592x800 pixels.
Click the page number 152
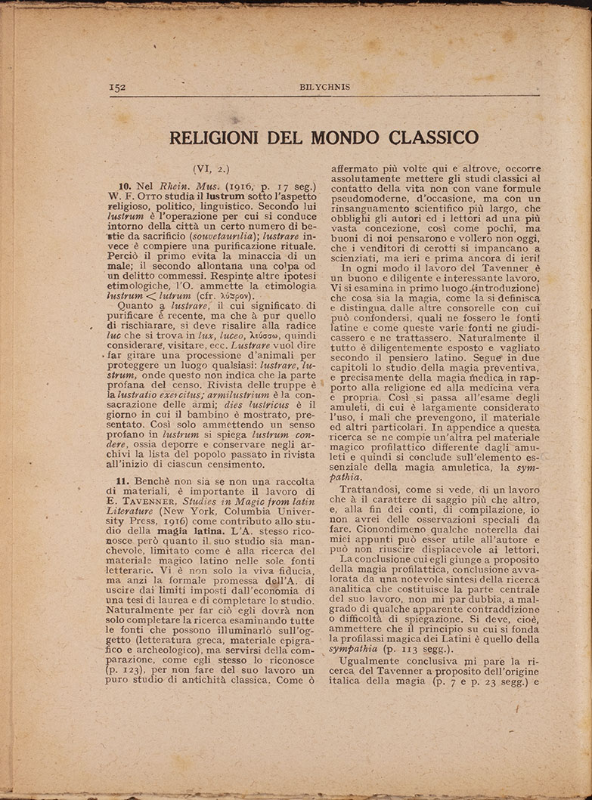pyautogui.click(x=117, y=87)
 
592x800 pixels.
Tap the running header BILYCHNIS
pyautogui.click(x=324, y=87)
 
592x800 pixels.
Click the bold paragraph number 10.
pyautogui.click(x=125, y=186)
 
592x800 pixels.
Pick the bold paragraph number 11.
pyautogui.click(x=125, y=482)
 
